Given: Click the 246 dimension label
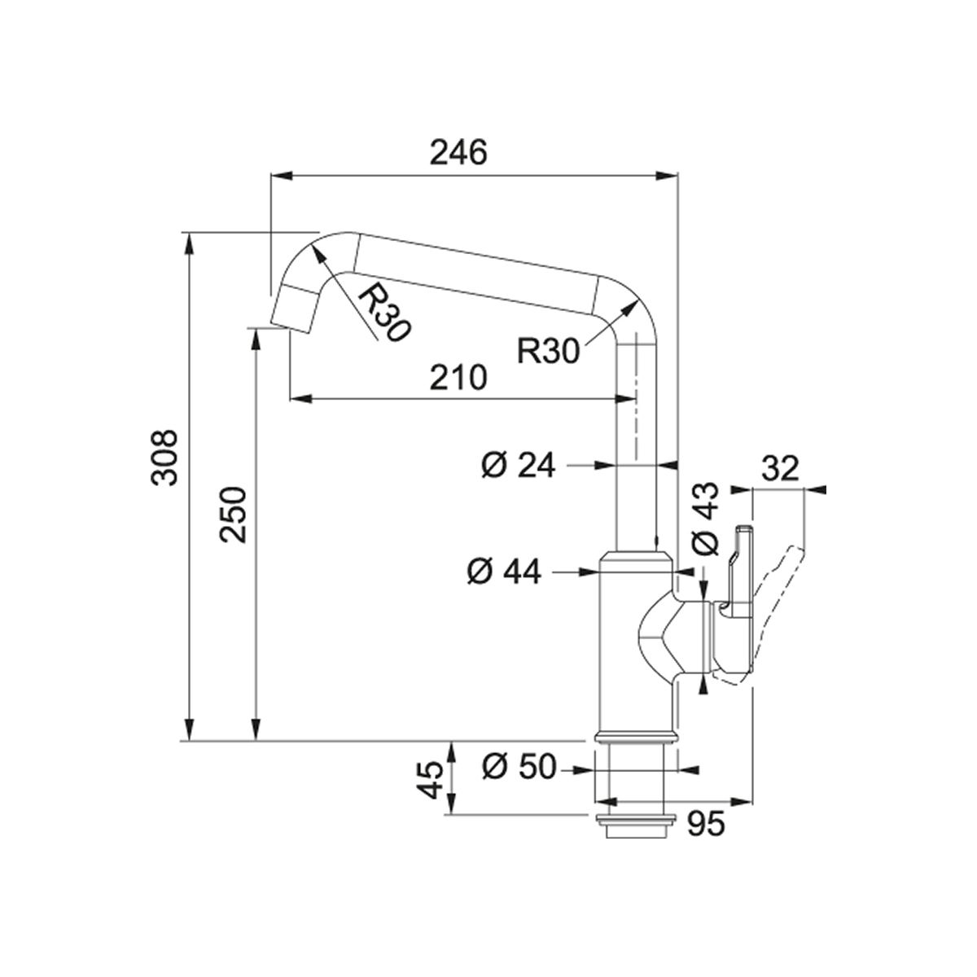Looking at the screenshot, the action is (458, 152).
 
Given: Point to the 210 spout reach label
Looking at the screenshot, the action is (458, 377).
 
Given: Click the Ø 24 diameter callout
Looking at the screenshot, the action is (518, 465).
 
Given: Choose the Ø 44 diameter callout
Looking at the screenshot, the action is (504, 572).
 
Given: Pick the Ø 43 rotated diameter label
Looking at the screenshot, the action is (705, 519).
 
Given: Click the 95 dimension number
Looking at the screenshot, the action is (706, 826).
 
